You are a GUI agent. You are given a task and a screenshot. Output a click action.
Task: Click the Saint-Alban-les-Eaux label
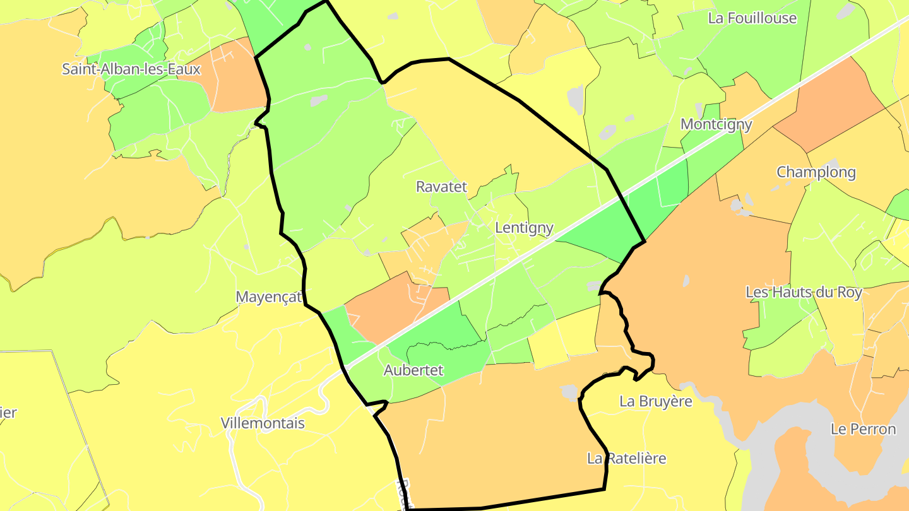click(131, 69)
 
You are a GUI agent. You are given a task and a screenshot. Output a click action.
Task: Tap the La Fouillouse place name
click(752, 18)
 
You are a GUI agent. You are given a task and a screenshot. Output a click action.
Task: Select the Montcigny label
click(716, 124)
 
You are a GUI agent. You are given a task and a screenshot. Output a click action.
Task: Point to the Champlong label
click(816, 172)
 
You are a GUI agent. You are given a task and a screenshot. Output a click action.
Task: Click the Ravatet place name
click(441, 187)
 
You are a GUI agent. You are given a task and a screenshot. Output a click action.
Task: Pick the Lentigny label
click(524, 228)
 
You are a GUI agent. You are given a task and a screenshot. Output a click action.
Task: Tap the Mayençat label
click(269, 297)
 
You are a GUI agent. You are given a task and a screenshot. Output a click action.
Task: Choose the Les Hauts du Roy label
click(804, 293)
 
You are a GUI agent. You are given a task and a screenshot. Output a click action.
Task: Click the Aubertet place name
click(413, 370)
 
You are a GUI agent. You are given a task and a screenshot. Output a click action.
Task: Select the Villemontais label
click(263, 423)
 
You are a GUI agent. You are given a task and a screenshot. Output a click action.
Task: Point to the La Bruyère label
click(656, 401)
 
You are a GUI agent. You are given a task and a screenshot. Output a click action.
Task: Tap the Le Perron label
click(863, 430)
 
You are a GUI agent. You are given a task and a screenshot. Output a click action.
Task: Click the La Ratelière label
click(626, 459)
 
